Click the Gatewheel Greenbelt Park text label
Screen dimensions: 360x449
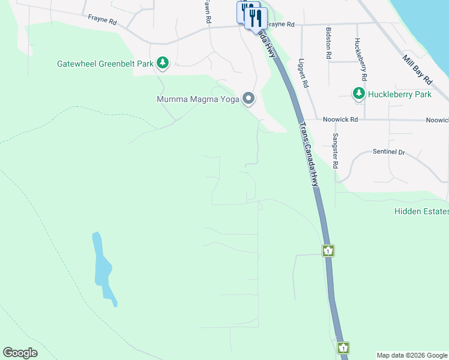point(106,63)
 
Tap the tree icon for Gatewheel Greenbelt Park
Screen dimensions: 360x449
point(162,62)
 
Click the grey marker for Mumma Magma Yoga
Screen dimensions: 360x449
point(249,98)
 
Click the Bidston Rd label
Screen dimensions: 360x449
point(328,42)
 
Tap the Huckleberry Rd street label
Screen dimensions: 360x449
point(361,60)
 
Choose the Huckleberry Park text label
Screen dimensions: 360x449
point(400,94)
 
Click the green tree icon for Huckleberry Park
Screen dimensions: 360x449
point(359,94)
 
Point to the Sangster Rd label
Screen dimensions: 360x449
point(336,149)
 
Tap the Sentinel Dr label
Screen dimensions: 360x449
point(389,152)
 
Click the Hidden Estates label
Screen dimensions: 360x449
point(421,211)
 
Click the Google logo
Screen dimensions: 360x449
point(20,353)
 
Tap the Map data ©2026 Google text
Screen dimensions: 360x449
point(412,355)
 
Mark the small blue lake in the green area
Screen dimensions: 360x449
point(103,267)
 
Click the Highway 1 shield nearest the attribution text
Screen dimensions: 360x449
point(343,347)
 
